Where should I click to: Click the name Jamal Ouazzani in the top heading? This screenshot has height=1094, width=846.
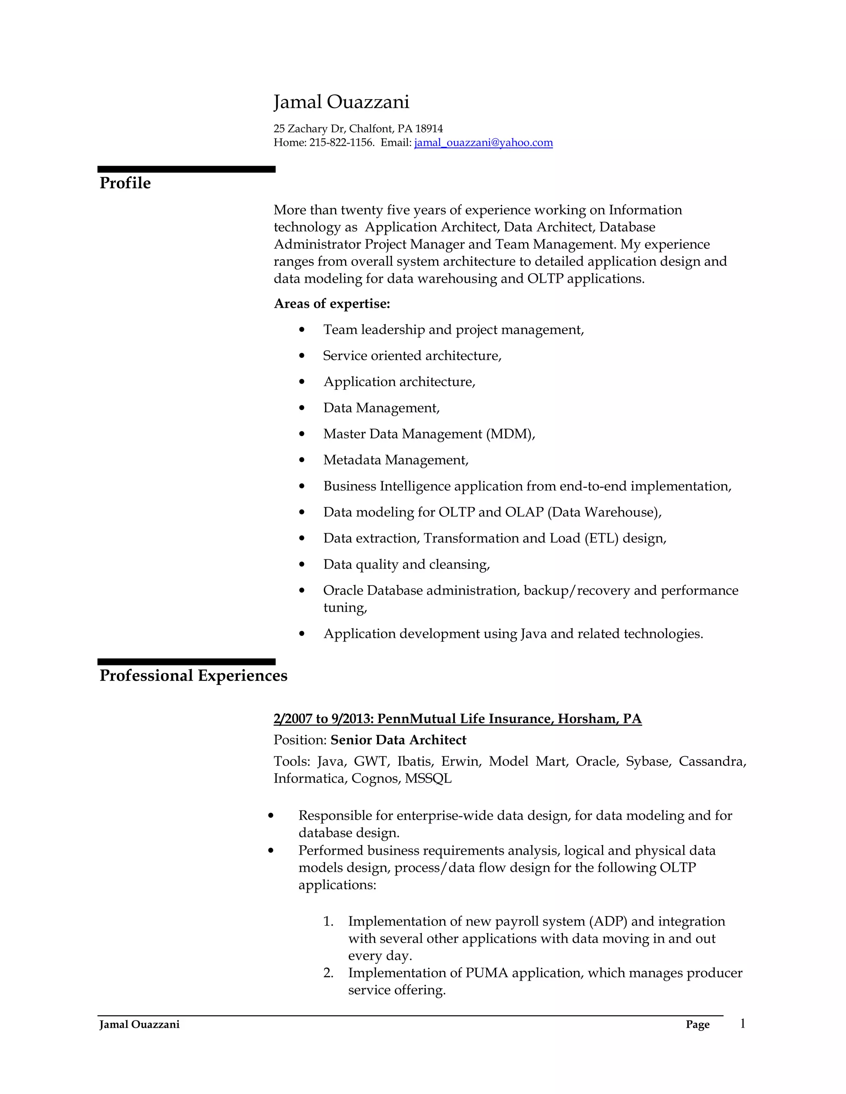[341, 102]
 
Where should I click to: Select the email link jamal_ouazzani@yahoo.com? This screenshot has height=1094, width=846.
[483, 143]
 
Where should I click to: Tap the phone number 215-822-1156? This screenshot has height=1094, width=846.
[341, 143]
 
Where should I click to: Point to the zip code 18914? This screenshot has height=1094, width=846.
[429, 129]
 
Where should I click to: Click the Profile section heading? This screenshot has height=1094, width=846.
[125, 183]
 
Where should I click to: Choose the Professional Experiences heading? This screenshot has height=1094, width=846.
[193, 675]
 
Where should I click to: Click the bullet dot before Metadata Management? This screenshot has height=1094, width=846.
[302, 460]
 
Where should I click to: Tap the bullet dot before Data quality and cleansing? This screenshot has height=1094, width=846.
[302, 564]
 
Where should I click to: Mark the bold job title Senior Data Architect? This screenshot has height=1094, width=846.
[399, 740]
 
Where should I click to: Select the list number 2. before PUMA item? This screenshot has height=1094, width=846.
[328, 973]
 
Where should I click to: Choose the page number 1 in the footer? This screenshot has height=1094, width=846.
[743, 1023]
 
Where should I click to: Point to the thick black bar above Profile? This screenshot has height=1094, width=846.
[186, 169]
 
